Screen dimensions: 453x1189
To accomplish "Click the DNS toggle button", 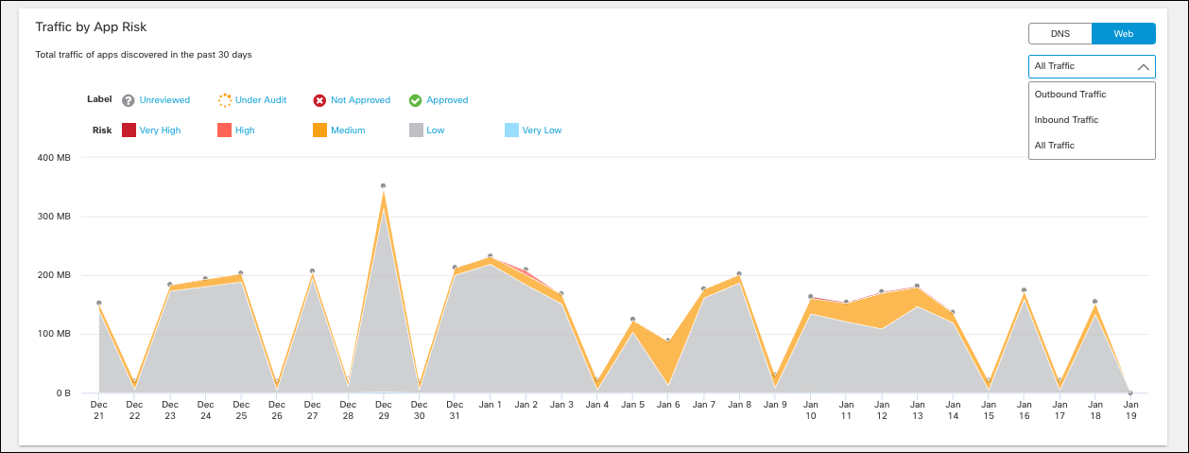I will (1060, 33).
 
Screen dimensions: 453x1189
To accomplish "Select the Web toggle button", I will (1123, 33).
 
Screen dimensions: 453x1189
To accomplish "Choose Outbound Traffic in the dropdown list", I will (1070, 95).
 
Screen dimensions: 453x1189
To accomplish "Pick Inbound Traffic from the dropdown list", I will (1066, 120).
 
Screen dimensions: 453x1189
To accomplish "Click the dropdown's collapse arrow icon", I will (1143, 67).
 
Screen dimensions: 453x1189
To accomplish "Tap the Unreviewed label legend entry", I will (164, 100).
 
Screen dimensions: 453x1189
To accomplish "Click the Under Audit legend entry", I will (260, 100).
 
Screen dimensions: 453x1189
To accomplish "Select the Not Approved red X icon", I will (320, 100).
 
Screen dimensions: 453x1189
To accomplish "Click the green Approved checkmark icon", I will (415, 100).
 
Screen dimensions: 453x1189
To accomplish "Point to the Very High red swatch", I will (129, 131).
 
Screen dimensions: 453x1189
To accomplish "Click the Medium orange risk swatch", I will (320, 131).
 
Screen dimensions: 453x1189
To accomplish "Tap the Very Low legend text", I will (542, 131).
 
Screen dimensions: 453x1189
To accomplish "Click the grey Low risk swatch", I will (416, 131).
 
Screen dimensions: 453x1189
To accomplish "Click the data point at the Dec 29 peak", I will (383, 186).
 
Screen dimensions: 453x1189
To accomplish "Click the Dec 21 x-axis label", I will (98, 410).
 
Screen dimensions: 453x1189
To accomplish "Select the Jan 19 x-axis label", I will (1130, 410).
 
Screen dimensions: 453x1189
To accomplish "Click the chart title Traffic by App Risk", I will (91, 27).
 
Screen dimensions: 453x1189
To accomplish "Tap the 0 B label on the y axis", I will (62, 392).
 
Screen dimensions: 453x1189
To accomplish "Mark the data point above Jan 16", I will (1024, 290).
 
